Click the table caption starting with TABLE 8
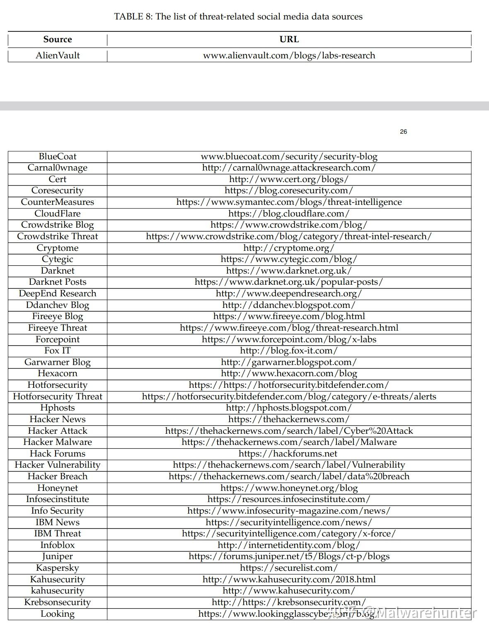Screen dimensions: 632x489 point(238,17)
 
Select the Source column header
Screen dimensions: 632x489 point(58,39)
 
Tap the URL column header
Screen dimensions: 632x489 point(289,39)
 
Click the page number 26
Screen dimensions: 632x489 point(403,132)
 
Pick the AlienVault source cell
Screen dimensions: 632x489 point(58,55)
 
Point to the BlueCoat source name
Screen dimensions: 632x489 point(58,156)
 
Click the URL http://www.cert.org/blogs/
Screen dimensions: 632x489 point(289,179)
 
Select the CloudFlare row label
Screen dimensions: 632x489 point(58,214)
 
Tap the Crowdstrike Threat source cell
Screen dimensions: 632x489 point(58,236)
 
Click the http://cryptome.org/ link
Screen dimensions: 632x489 point(289,248)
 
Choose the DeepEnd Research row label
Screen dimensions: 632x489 point(58,293)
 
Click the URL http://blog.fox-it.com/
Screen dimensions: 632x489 point(289,351)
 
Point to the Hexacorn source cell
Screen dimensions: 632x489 point(58,373)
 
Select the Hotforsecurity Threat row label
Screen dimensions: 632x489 point(58,397)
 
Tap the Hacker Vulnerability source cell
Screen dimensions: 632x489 point(58,465)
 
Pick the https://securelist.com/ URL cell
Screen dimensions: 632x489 point(289,568)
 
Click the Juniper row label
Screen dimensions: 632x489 point(58,556)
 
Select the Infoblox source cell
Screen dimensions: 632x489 point(58,545)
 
